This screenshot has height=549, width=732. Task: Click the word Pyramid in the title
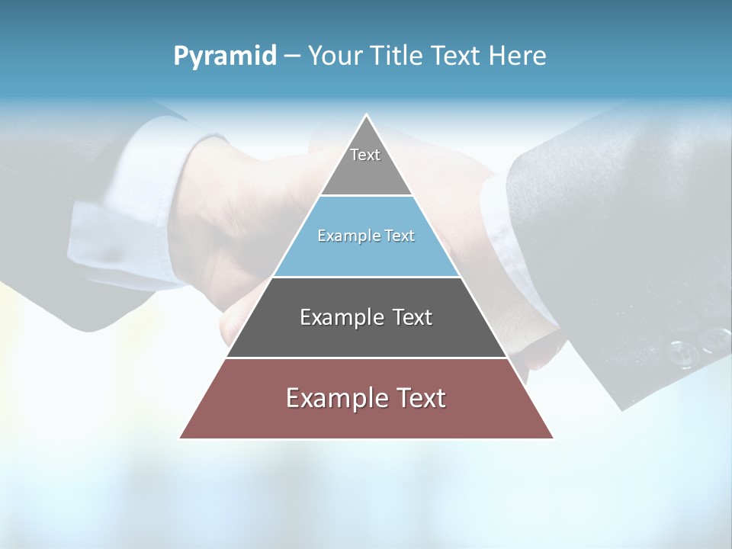tap(224, 56)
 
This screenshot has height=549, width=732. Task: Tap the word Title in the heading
tap(397, 56)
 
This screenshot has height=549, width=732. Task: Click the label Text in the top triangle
tap(365, 155)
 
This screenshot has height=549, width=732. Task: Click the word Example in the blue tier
tap(342, 236)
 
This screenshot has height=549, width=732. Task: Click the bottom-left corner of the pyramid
tap(181, 438)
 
